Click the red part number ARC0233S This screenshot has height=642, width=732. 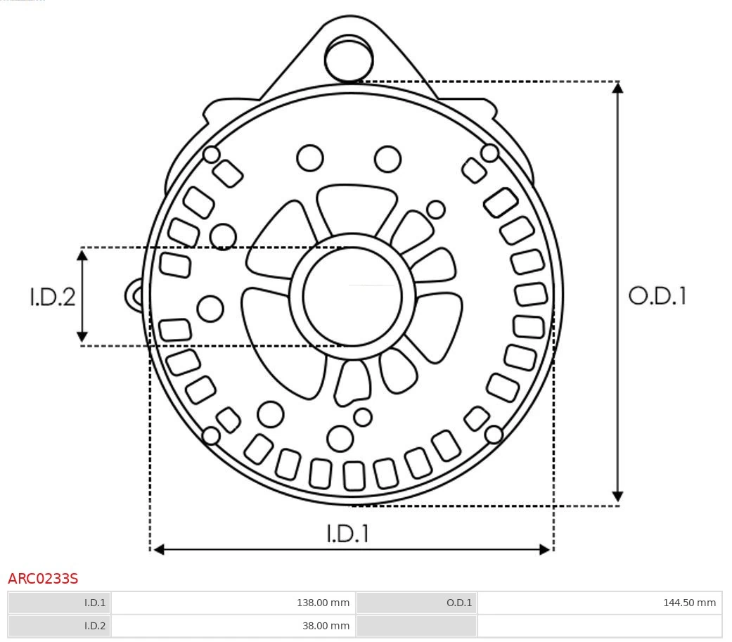pyautogui.click(x=43, y=579)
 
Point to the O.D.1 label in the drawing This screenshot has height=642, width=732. pyautogui.click(x=657, y=296)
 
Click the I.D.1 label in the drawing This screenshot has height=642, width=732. pyautogui.click(x=347, y=534)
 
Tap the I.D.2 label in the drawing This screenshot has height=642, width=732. pyautogui.click(x=52, y=297)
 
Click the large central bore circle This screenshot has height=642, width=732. pyautogui.click(x=352, y=297)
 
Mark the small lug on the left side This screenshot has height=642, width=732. pyautogui.click(x=134, y=295)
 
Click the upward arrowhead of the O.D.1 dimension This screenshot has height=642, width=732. pyautogui.click(x=617, y=87)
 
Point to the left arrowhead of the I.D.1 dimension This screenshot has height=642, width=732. pyautogui.click(x=158, y=549)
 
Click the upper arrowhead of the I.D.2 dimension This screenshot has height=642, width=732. pyautogui.click(x=83, y=254)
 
